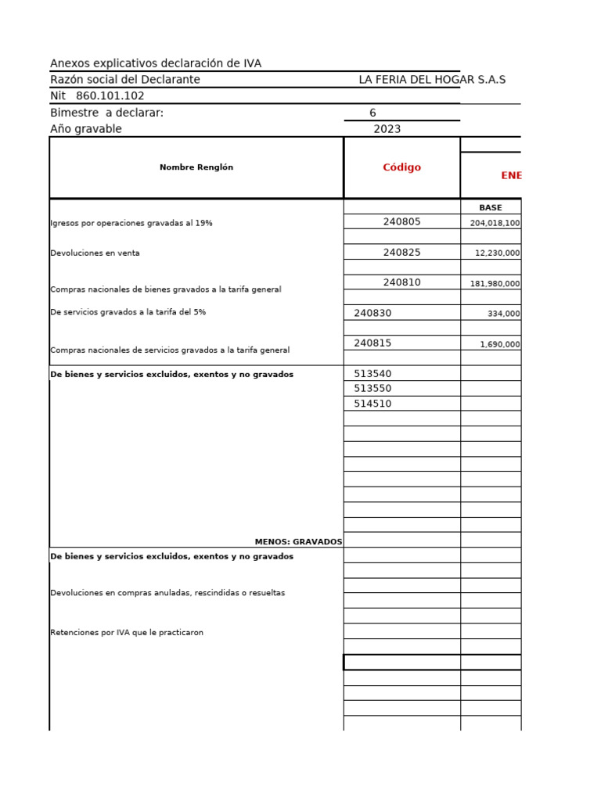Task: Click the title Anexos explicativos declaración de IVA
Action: (156, 63)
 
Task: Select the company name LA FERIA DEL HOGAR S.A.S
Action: (432, 80)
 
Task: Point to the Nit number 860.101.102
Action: (110, 96)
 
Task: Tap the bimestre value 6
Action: (372, 113)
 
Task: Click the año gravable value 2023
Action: (387, 129)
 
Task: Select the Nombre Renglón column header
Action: (196, 167)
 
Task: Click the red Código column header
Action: (401, 167)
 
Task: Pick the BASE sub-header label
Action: (491, 207)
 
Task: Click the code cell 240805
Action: (401, 222)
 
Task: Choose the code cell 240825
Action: (401, 253)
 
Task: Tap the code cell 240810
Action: (401, 282)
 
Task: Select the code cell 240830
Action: (372, 313)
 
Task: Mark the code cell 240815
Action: (372, 343)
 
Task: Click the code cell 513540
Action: (372, 374)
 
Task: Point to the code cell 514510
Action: (372, 404)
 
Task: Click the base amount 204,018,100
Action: (495, 223)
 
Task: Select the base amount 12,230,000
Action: (498, 253)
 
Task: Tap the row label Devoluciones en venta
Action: (95, 253)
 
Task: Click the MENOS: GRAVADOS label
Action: (298, 541)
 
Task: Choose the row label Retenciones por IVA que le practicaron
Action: (127, 632)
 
